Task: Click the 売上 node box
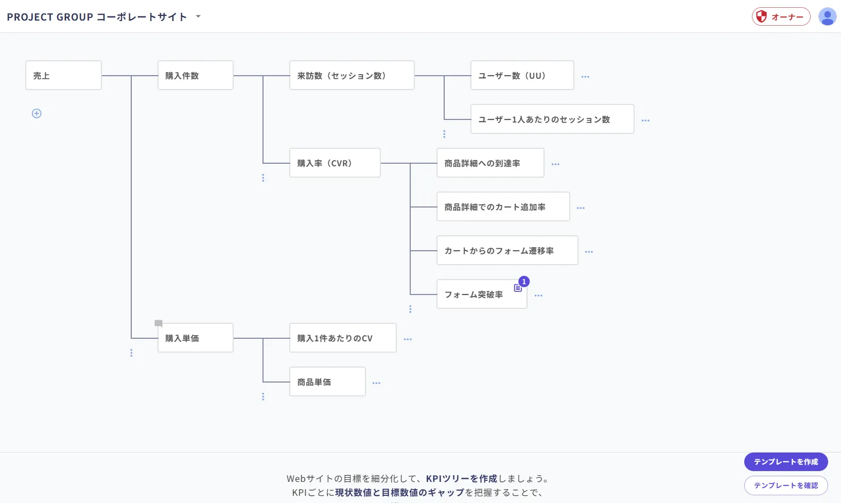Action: click(63, 75)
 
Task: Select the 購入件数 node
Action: click(195, 75)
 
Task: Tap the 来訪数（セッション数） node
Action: click(352, 75)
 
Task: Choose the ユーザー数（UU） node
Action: click(522, 75)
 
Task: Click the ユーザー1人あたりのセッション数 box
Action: click(552, 119)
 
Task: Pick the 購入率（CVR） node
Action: click(335, 163)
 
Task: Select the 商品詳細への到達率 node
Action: click(490, 163)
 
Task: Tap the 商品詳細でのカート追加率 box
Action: click(503, 206)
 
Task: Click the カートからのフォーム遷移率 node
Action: click(507, 250)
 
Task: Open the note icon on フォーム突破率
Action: click(518, 288)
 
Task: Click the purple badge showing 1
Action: click(524, 282)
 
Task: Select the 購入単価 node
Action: click(195, 338)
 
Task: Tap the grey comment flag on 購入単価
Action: click(159, 323)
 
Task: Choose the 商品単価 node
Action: click(327, 381)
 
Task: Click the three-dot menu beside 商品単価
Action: click(376, 383)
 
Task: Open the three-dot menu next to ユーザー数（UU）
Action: click(585, 77)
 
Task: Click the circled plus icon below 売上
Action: click(37, 113)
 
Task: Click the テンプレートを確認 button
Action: click(786, 485)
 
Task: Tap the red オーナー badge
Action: click(781, 16)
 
